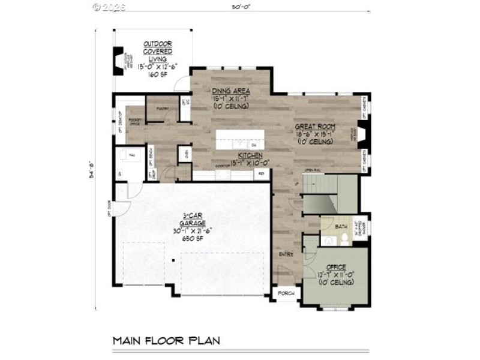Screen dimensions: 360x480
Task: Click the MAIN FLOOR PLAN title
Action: pyautogui.click(x=166, y=341)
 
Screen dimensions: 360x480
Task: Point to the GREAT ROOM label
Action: pyautogui.click(x=314, y=127)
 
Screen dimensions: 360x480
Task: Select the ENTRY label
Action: pyautogui.click(x=285, y=254)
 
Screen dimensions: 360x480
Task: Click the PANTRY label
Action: pyautogui.click(x=162, y=109)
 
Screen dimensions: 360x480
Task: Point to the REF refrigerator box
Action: pyautogui.click(x=262, y=174)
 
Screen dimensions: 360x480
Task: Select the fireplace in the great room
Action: pyautogui.click(x=361, y=131)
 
